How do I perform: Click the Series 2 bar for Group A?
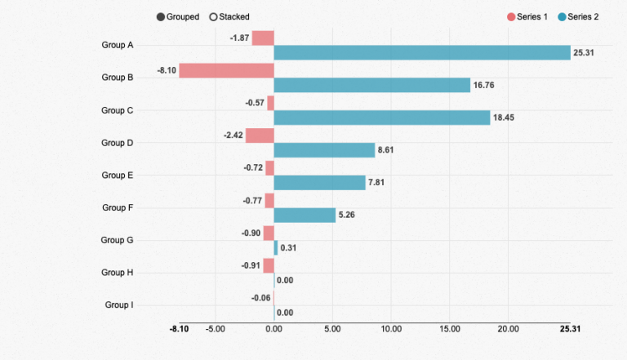(x=422, y=53)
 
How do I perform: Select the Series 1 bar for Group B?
(x=226, y=71)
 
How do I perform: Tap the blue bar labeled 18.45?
(x=382, y=118)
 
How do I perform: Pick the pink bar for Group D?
(x=260, y=136)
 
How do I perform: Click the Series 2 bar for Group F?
(x=305, y=216)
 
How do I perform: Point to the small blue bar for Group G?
(x=276, y=248)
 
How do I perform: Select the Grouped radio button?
(x=161, y=17)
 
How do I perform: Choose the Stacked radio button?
(x=214, y=17)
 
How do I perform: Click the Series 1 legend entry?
(x=527, y=17)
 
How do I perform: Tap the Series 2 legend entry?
(x=578, y=17)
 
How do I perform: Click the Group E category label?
(x=118, y=176)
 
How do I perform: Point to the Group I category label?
(x=119, y=304)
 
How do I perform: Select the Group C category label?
(x=118, y=110)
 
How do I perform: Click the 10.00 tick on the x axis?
(x=391, y=329)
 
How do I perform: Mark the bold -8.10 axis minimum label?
(x=179, y=329)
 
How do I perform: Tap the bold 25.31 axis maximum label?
(x=570, y=329)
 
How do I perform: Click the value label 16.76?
(x=484, y=85)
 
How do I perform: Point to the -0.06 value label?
(x=260, y=298)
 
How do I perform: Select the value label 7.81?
(x=376, y=182)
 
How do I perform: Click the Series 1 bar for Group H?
(x=269, y=265)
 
